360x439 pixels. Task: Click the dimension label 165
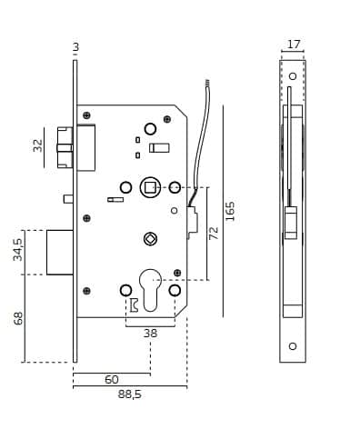(230, 211)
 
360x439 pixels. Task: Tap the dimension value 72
(214, 233)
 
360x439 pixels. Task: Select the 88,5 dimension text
(129, 394)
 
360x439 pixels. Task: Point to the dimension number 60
(112, 379)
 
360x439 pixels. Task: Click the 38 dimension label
(150, 334)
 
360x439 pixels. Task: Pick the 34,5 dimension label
(17, 249)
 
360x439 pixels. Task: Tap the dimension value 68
(18, 318)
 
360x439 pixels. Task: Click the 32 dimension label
(38, 145)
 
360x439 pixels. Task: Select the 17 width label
(294, 45)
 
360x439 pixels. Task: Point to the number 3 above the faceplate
(75, 47)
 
